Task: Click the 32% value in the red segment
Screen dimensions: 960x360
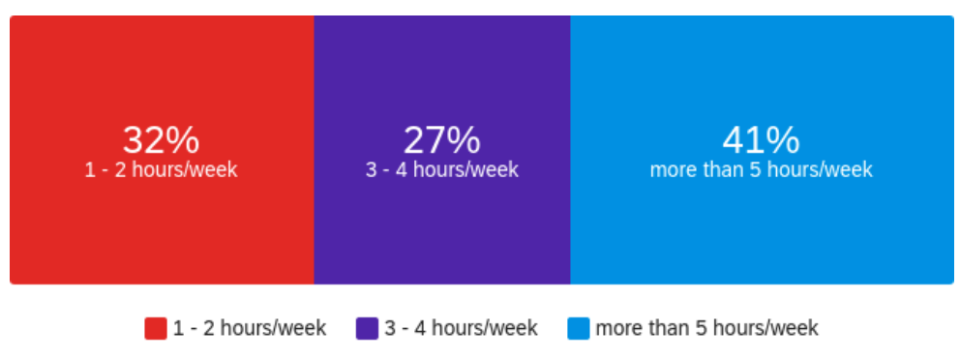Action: [161, 141]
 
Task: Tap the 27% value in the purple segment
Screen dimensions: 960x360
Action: [441, 141]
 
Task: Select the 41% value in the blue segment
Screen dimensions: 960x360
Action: [761, 141]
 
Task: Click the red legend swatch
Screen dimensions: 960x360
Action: [156, 328]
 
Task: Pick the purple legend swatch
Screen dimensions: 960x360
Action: [367, 328]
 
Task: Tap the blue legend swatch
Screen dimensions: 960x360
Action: [579, 328]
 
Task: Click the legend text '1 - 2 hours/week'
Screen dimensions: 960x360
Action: [250, 328]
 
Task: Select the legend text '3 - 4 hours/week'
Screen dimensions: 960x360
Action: [461, 328]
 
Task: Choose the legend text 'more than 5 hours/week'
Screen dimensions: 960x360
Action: [707, 328]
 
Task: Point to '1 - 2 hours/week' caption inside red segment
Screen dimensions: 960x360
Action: [161, 169]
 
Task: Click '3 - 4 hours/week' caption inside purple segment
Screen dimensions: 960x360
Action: [442, 169]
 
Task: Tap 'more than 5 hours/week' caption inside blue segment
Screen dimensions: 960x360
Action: [761, 169]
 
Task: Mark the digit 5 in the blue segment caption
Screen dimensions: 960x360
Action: [756, 169]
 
